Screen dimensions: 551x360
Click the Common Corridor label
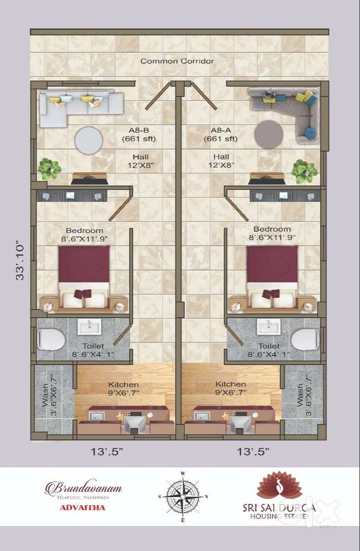tap(176, 61)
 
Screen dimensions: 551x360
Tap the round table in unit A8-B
tap(88, 141)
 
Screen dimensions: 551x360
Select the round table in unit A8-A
tap(269, 134)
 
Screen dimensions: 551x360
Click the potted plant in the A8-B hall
tap(49, 169)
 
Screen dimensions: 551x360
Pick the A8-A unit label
tap(224, 135)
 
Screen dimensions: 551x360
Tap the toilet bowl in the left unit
tap(51, 339)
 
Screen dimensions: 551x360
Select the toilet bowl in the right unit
tap(305, 339)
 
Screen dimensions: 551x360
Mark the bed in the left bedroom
tap(84, 276)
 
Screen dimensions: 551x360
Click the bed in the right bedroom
tap(272, 276)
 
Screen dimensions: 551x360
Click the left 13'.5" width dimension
tap(107, 452)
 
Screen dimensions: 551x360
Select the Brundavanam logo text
tap(83, 488)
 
